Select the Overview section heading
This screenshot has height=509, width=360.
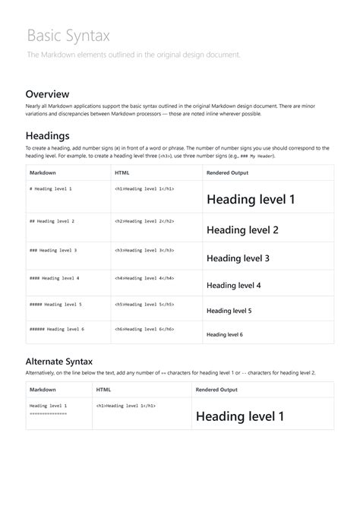(x=48, y=93)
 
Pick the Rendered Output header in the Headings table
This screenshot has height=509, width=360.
(x=227, y=172)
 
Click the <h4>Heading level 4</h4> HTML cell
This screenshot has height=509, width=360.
(x=144, y=278)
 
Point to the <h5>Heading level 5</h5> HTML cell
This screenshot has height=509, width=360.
(x=144, y=304)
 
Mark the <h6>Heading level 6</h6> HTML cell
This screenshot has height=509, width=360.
(x=144, y=329)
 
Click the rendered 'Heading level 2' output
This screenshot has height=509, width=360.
(x=242, y=229)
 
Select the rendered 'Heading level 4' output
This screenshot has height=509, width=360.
(x=234, y=286)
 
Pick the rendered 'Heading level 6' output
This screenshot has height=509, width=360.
(x=225, y=334)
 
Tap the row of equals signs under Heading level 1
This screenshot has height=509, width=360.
(x=48, y=413)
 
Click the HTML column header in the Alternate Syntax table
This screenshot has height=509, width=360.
(x=105, y=390)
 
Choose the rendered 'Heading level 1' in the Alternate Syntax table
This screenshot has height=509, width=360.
(x=240, y=416)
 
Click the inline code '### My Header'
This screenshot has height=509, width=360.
(x=255, y=156)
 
